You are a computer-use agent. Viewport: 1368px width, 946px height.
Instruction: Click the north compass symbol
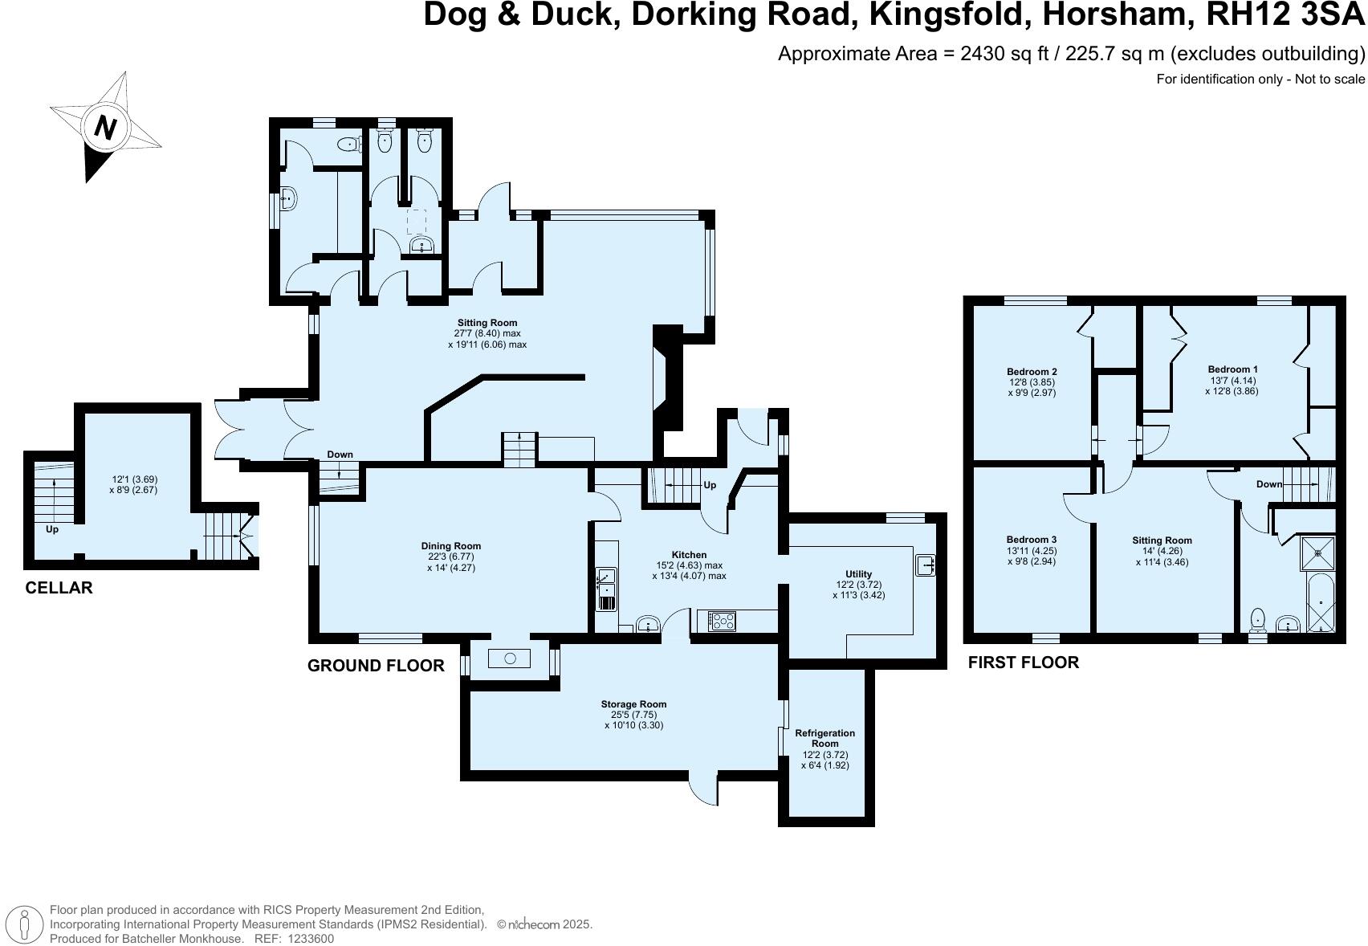[x=105, y=127]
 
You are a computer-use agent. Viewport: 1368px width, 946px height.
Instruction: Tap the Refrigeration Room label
[x=824, y=738]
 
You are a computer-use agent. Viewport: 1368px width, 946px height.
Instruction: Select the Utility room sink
[x=926, y=565]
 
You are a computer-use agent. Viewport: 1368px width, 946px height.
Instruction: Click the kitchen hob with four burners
[x=723, y=620]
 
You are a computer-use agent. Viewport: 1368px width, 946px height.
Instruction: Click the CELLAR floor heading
[x=59, y=588]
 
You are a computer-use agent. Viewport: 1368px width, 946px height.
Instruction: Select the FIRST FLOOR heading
[x=1023, y=663]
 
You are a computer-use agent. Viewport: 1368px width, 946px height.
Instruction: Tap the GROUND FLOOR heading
[x=376, y=666]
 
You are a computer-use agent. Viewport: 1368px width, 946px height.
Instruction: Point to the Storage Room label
[x=633, y=704]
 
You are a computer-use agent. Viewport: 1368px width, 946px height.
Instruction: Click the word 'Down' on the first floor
[x=1269, y=484]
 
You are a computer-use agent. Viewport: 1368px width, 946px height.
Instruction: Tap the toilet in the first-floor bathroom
[x=1258, y=619]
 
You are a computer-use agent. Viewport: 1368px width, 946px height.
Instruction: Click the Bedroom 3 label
[x=1031, y=540]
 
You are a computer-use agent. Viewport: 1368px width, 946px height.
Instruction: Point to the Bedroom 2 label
[x=1032, y=372]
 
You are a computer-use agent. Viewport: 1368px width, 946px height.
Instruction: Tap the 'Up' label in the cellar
[x=52, y=529]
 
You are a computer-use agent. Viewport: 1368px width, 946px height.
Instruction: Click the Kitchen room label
[x=689, y=555]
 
